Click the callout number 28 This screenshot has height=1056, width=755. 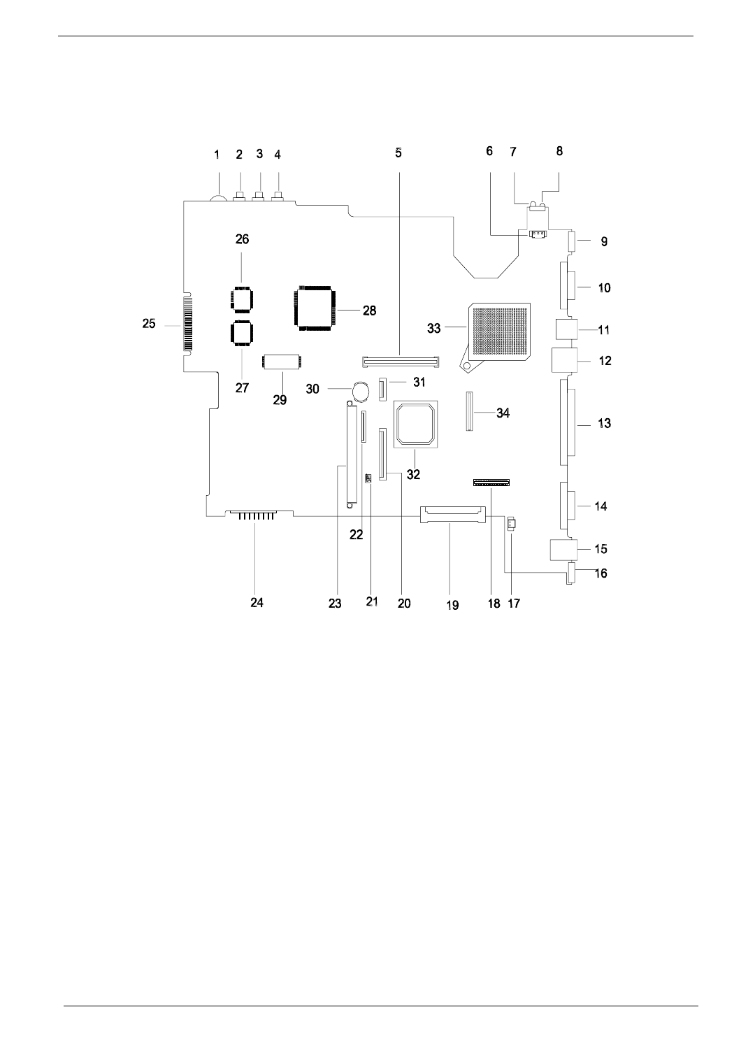[x=369, y=311]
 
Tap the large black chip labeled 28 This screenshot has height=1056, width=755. [x=315, y=307]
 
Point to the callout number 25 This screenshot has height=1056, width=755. [x=149, y=324]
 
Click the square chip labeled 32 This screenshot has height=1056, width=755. [x=416, y=424]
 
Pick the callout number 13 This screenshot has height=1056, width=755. [x=605, y=423]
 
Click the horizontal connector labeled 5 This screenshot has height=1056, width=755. [x=400, y=362]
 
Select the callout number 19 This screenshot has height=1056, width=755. [x=452, y=605]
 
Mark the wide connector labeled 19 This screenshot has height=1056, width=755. [x=452, y=516]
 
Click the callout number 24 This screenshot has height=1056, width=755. [x=257, y=602]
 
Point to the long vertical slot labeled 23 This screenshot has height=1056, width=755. [x=347, y=454]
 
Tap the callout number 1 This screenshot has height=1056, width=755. [x=217, y=155]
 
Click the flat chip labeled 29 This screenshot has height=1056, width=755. [x=282, y=363]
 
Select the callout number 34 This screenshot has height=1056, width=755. [x=503, y=413]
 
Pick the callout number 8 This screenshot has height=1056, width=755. [x=559, y=150]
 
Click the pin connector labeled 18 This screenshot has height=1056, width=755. [x=491, y=483]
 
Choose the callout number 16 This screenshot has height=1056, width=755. [x=601, y=573]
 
